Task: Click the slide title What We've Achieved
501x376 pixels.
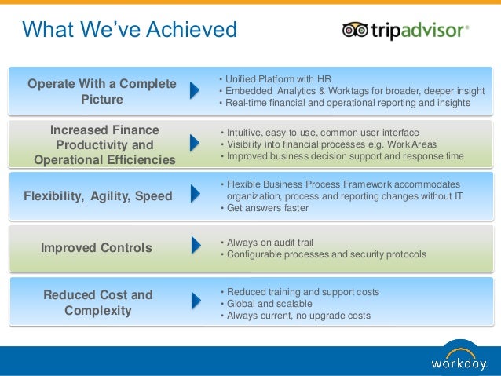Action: click(x=130, y=29)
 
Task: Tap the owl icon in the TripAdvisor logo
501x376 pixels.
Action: click(x=355, y=30)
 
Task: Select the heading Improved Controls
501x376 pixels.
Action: click(x=96, y=248)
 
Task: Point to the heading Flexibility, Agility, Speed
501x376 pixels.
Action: click(x=98, y=195)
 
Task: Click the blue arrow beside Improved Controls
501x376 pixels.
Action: click(x=196, y=246)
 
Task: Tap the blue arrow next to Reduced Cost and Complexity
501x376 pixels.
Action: click(x=196, y=301)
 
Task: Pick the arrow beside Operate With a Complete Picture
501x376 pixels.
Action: click(x=195, y=90)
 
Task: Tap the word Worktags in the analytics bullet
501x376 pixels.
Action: click(x=349, y=91)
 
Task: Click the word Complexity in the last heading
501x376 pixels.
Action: click(x=98, y=311)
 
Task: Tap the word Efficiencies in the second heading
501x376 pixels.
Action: click(x=141, y=159)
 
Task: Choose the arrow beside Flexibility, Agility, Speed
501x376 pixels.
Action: click(x=196, y=194)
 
